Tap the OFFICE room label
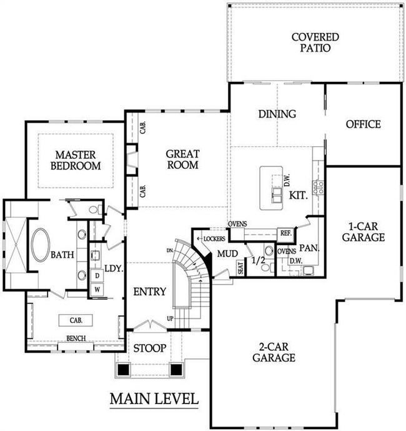pos(363,124)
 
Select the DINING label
pos(277,114)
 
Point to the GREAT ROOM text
pos(182,159)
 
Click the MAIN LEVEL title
pos(154,398)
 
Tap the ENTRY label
pos(150,292)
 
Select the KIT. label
pos(298,195)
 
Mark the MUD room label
pos(225,254)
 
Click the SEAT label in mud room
pos(240,267)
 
